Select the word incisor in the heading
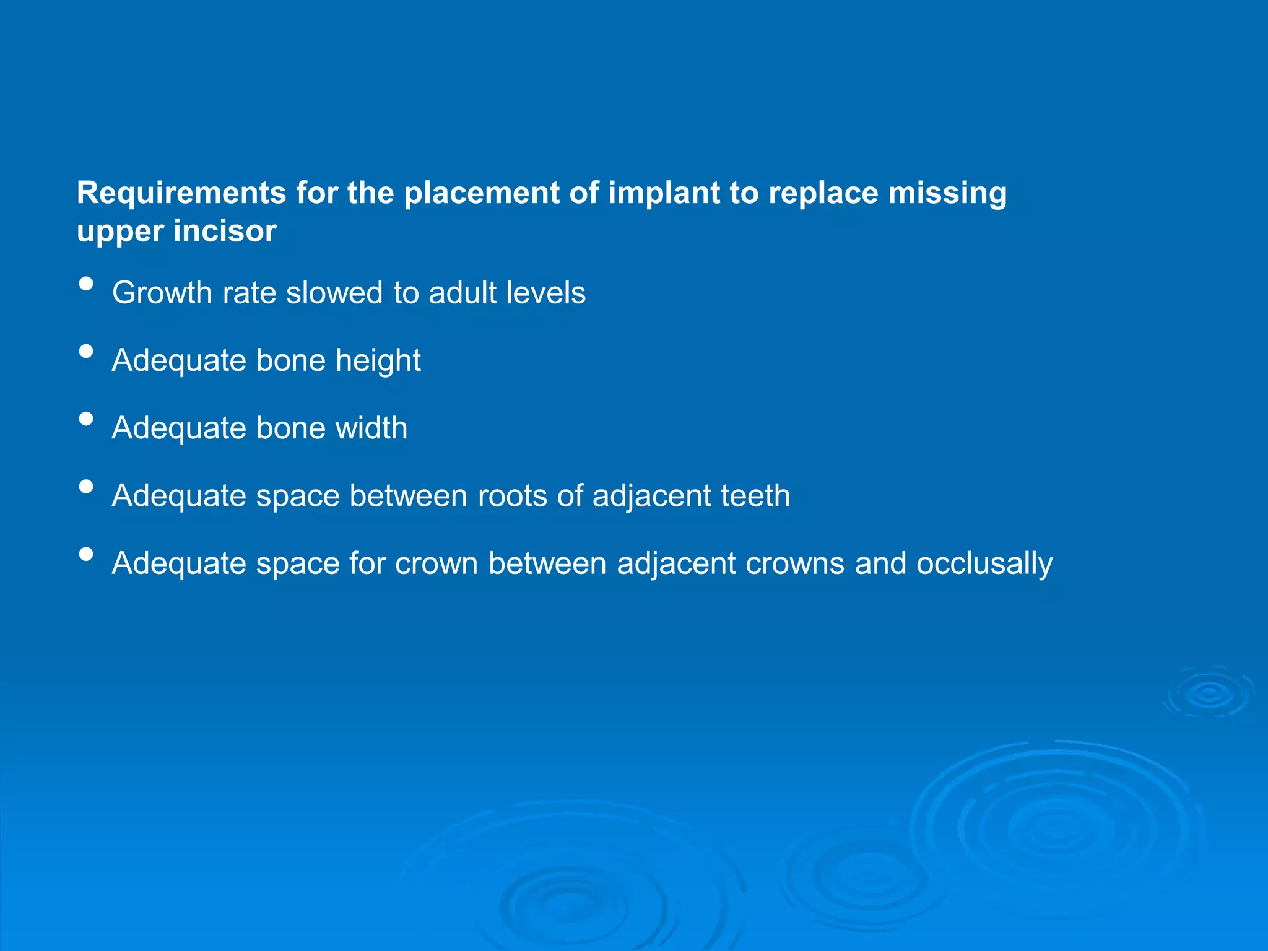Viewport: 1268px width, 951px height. coord(224,232)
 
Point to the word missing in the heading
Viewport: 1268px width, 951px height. coord(947,193)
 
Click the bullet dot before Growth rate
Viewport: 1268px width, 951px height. coord(87,284)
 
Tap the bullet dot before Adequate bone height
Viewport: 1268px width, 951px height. coord(87,352)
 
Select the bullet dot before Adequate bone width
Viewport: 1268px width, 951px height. coord(87,419)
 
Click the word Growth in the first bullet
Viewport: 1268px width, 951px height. coord(162,293)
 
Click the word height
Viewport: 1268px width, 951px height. coord(378,361)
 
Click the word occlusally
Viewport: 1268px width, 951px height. coord(984,564)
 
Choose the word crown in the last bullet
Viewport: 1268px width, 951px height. coord(436,564)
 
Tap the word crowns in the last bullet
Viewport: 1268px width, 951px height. coord(794,564)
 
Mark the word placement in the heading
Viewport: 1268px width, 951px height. coord(482,193)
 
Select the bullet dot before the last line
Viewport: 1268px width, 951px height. coord(87,554)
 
